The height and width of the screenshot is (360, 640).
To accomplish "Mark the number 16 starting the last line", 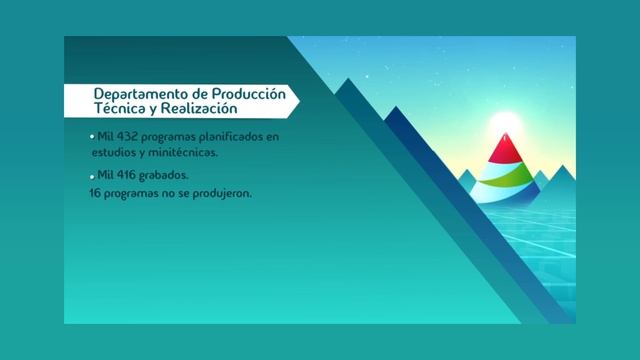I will point(96,192).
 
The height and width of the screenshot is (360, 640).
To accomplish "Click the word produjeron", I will point(221,192).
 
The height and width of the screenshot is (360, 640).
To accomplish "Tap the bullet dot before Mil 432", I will point(92,135).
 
